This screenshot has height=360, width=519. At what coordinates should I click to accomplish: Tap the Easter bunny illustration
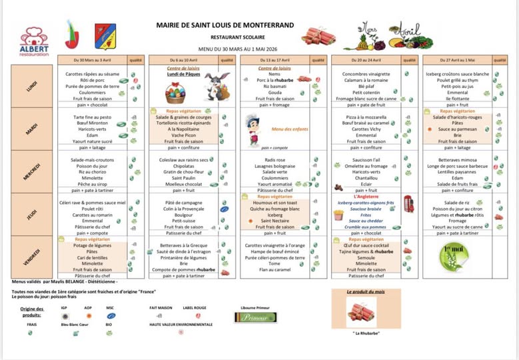tap(215, 87)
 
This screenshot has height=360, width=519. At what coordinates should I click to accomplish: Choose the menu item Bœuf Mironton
tap(93, 123)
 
